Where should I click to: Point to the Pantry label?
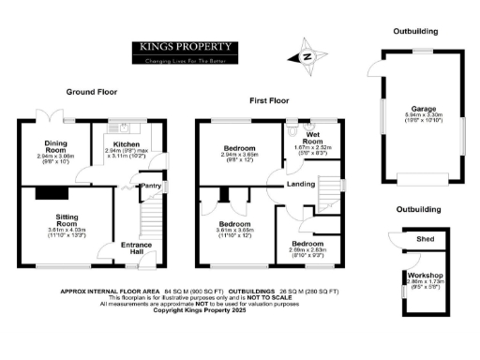coord(150,186)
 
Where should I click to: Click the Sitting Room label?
coord(65,221)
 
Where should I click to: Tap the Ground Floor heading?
coord(91,92)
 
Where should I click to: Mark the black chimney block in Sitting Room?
coord(48,192)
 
